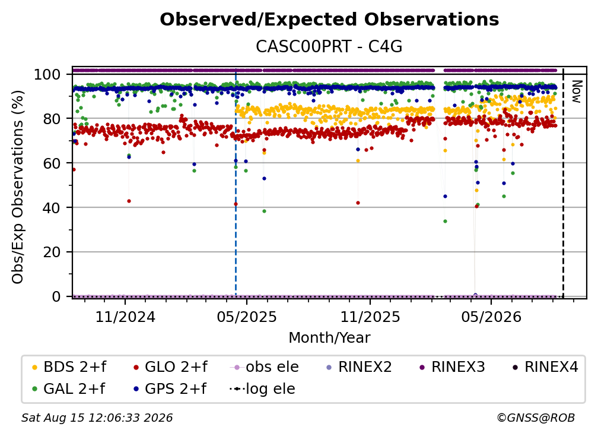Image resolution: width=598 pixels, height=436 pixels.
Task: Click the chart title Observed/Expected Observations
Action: pos(329,20)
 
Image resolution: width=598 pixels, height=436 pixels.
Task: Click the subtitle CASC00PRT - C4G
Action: pos(329,46)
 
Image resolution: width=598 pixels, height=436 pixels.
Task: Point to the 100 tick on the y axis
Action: pos(47,74)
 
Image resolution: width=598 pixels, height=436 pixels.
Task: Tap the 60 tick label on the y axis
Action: pos(52,163)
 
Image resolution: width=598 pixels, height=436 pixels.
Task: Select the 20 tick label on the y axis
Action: pos(52,252)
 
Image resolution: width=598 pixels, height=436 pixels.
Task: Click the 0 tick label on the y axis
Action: pos(56,296)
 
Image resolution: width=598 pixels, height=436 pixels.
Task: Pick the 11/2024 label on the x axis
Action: pos(125,317)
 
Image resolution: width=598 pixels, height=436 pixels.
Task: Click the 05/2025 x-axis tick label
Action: pos(247,317)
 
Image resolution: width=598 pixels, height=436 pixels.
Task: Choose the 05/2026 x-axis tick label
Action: pos(491,317)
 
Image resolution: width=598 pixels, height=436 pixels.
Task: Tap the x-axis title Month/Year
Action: pos(329,337)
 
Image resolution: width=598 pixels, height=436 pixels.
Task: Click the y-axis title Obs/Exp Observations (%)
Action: pos(18,187)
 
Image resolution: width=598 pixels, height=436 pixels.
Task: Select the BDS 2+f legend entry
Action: pos(69,367)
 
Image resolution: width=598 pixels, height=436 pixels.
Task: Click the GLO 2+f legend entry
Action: pos(170,367)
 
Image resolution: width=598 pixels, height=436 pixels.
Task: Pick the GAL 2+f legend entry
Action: pos(68,388)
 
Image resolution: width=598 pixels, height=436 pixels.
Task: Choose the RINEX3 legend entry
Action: pos(452,367)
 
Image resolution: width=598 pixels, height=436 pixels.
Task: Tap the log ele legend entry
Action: pos(262,388)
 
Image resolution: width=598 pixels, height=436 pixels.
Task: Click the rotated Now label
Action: pos(576,91)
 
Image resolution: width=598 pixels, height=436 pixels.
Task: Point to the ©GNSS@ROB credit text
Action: pos(536,418)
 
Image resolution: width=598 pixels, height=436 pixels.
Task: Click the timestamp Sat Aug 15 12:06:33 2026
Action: pos(97,418)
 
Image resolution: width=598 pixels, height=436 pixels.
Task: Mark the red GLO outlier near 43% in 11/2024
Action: pos(129,201)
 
